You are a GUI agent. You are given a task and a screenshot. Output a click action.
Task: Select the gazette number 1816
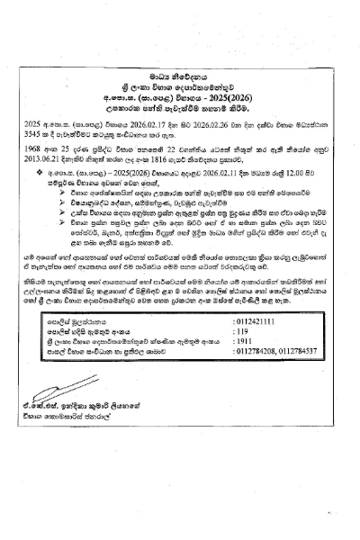pos(188,157)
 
